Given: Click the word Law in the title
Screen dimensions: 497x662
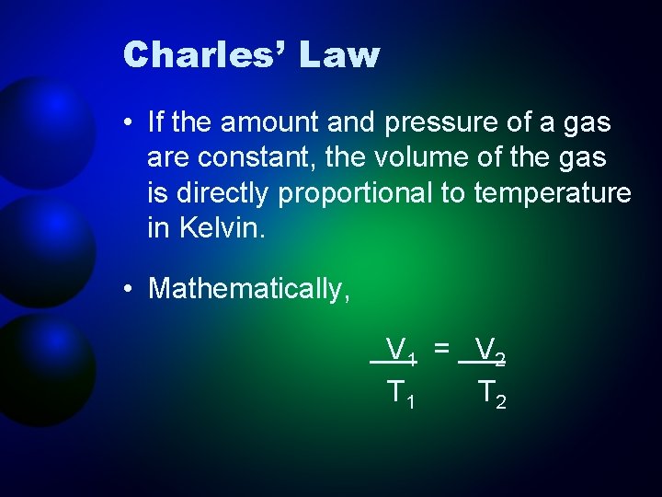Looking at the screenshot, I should click(338, 55).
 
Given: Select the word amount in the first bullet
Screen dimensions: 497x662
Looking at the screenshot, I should click(281, 122).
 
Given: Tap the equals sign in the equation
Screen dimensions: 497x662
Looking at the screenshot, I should click(442, 348).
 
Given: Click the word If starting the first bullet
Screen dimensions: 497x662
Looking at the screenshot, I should click(156, 122).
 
